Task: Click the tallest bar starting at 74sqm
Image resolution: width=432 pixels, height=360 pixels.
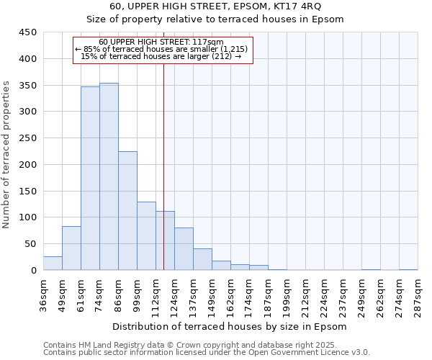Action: [x=109, y=176]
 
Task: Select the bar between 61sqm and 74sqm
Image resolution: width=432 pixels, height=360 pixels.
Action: [x=90, y=179]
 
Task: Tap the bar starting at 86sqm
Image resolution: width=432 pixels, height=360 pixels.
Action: [x=127, y=211]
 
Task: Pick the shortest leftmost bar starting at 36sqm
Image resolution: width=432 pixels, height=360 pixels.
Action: [x=53, y=264]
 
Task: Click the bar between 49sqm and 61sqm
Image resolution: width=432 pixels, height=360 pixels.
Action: [x=71, y=248]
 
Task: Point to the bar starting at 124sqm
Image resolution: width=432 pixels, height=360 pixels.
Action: [x=184, y=249]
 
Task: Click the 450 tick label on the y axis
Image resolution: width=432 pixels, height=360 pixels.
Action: [x=28, y=32]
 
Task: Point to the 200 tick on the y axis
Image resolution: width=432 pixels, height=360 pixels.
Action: [x=28, y=165]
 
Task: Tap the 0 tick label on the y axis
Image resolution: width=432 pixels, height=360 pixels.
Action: [x=33, y=271]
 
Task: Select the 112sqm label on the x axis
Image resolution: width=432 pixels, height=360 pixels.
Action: [x=156, y=294]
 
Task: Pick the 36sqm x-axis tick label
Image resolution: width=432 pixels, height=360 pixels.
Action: [x=43, y=293]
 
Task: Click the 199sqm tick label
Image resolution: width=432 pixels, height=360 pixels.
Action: [x=287, y=294]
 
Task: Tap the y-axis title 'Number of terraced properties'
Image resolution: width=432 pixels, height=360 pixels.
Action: [x=6, y=155]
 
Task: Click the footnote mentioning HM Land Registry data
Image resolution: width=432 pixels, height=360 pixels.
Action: [x=206, y=345]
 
